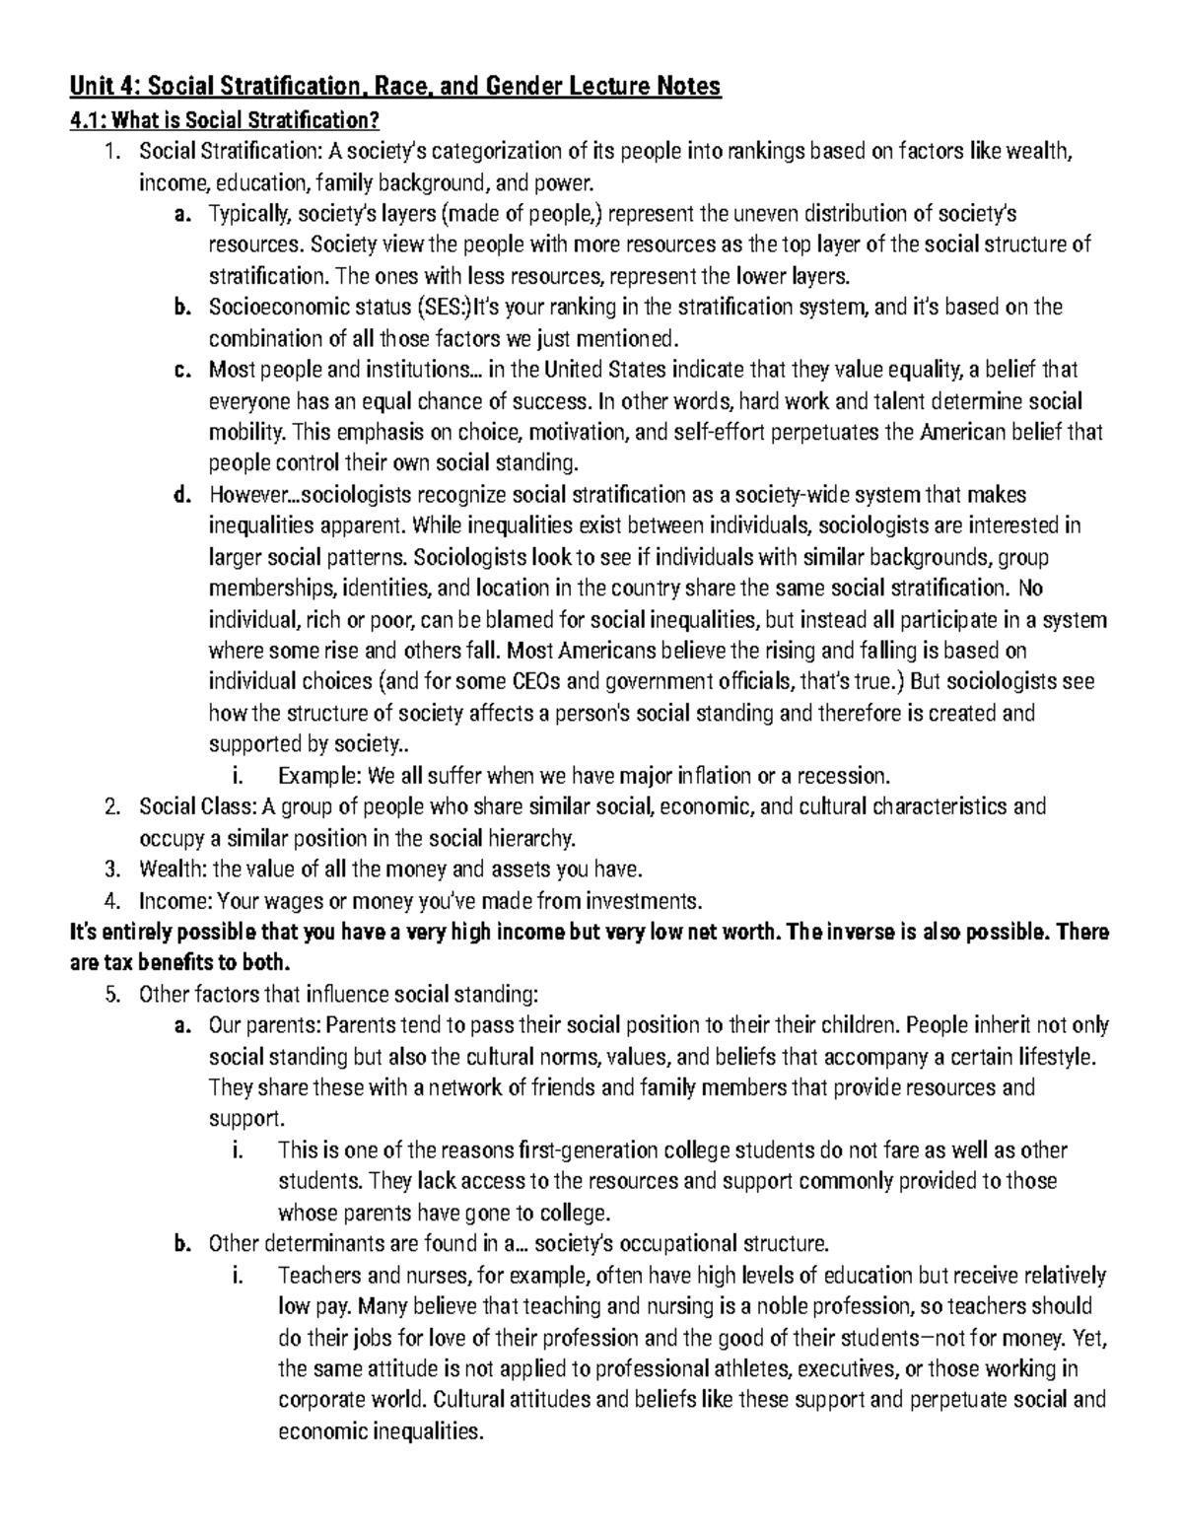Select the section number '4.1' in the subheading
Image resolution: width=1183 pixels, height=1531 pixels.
pos(88,120)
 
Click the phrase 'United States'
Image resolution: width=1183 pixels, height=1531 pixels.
pos(608,371)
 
